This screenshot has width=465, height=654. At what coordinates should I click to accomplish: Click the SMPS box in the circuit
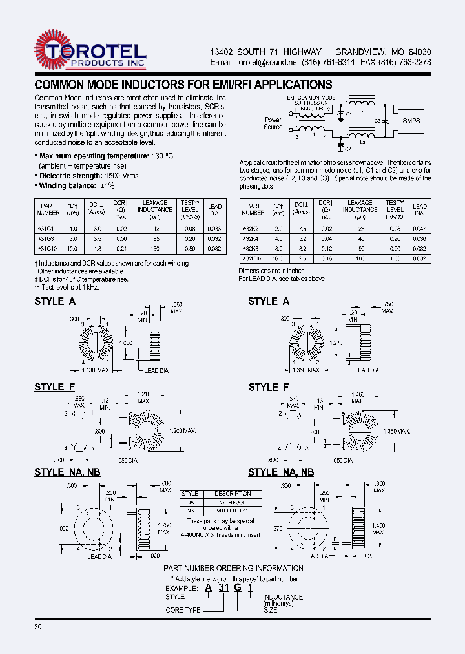coord(412,121)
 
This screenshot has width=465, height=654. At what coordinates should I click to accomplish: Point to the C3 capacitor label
coord(377,120)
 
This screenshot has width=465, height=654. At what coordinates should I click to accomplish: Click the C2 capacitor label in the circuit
coord(348,147)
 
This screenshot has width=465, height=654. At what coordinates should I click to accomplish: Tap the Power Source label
coord(273,123)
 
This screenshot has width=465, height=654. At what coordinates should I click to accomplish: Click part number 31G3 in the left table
coord(48,238)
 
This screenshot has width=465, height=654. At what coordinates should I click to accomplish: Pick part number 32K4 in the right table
coord(251,238)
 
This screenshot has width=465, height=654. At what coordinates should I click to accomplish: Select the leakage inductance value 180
coord(360,258)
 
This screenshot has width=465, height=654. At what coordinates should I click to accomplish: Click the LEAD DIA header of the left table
coord(215,209)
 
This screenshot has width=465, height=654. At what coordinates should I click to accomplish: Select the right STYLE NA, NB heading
coord(281,472)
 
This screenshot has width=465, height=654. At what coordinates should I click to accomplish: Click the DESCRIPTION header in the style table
coord(232,494)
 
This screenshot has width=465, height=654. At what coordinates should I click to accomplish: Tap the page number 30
coord(39,628)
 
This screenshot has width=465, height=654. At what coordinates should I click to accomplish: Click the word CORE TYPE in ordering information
coord(183,610)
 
